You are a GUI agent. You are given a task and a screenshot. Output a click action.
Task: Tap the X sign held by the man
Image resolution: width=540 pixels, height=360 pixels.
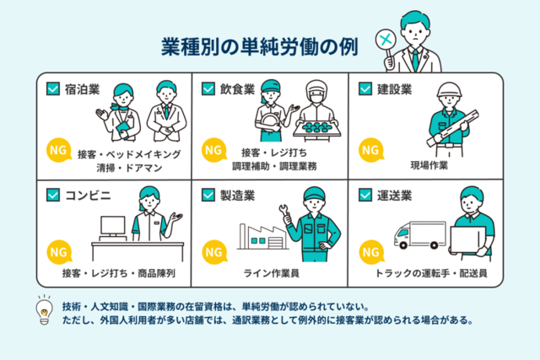click(386, 39)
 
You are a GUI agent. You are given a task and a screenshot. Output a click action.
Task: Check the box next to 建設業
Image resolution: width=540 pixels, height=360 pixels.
click(365, 88)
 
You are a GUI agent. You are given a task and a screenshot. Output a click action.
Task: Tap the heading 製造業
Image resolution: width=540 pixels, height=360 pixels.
click(238, 196)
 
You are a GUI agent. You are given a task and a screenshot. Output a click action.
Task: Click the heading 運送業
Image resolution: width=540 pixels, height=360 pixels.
click(394, 196)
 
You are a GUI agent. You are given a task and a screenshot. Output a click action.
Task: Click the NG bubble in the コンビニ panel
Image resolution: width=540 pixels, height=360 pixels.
click(58, 253)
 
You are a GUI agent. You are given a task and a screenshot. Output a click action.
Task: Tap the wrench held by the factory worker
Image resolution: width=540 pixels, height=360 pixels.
click(289, 210)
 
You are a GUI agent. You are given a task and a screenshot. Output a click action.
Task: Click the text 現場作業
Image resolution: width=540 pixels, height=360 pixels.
click(429, 165)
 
